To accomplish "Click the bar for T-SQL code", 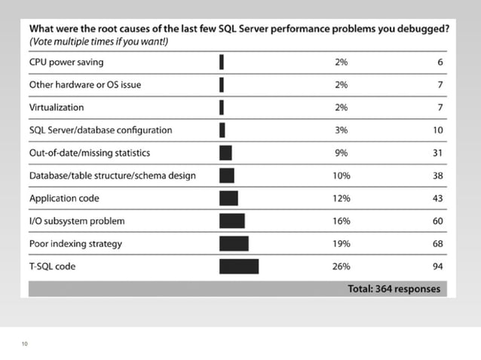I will pos(238,267).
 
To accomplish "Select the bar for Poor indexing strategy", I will pos(234,244).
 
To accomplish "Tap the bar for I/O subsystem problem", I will pos(231,221).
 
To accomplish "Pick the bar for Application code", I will pos(228,198).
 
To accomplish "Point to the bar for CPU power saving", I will pos(222,62).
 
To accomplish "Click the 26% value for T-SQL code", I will pos(342,267).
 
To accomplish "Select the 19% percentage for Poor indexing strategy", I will pos(342,244).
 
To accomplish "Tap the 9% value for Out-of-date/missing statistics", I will pos(342,153).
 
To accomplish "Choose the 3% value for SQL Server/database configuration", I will pos(342,130).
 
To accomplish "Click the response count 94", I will pos(437,267).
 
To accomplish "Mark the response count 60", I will pos(437,221).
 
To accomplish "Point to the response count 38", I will pos(437,175).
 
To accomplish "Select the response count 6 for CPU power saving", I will pos(440,62).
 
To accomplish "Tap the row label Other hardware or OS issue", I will pos(84,84).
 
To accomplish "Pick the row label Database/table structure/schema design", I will pos(112,175).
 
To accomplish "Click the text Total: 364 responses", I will pos(394,289).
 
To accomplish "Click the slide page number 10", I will pos(25,344).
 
